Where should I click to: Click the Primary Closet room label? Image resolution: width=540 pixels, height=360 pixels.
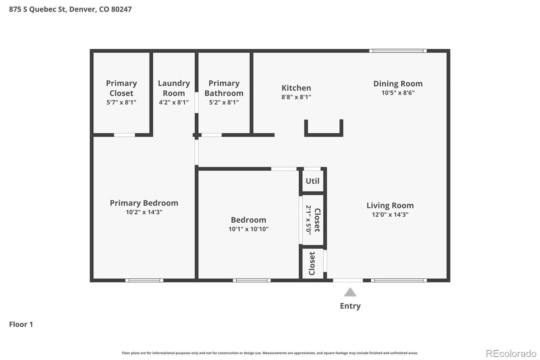[121, 88]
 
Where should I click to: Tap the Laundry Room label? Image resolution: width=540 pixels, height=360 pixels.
[174, 88]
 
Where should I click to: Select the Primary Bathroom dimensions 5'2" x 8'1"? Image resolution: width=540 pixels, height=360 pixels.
[224, 102]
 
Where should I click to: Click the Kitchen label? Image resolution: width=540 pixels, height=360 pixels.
[296, 88]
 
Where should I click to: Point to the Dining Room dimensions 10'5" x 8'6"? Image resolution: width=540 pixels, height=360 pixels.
[398, 93]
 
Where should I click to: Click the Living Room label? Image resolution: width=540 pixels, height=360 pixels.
[390, 205]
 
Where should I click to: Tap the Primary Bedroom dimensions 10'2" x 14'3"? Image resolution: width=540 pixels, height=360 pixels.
[144, 212]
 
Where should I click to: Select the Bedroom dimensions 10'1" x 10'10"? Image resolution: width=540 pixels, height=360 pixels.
[248, 229]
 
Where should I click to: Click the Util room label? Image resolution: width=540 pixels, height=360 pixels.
[312, 181]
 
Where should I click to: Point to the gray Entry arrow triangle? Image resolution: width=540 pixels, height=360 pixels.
[350, 292]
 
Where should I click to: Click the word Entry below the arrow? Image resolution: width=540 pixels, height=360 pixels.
[350, 306]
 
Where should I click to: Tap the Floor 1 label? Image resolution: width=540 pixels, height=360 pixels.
[21, 324]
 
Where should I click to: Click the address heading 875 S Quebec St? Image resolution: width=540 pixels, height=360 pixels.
[70, 9]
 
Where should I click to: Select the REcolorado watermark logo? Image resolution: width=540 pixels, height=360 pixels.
[511, 354]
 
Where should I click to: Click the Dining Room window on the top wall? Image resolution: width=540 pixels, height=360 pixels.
[398, 51]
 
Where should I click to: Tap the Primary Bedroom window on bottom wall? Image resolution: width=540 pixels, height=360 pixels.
[144, 280]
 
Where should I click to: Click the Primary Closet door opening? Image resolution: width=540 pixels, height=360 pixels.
[124, 135]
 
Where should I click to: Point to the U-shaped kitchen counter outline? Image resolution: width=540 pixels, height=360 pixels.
[323, 134]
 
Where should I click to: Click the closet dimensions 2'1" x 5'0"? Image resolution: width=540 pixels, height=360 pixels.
[308, 220]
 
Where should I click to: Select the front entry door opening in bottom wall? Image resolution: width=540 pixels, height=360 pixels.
[348, 280]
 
